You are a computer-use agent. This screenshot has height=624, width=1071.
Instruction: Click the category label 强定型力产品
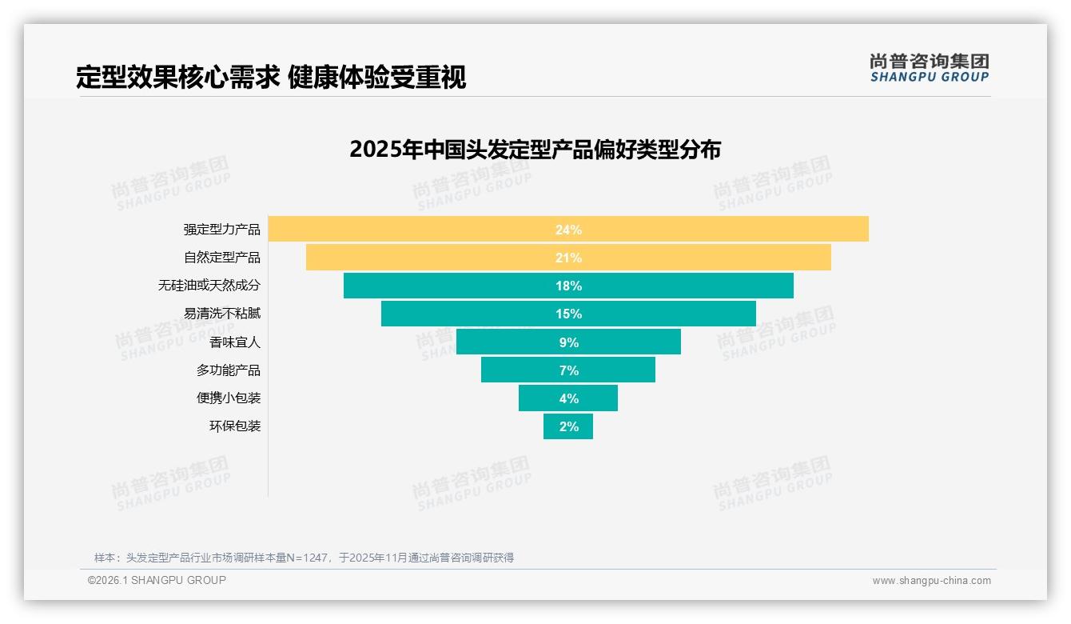click(x=221, y=230)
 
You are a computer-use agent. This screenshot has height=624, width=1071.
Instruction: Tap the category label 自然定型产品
click(x=221, y=258)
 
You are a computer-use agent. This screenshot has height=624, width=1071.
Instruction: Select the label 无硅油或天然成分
click(x=209, y=286)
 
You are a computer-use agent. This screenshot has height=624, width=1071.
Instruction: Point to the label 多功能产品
click(x=228, y=370)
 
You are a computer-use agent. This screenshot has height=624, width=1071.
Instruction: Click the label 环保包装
click(x=234, y=426)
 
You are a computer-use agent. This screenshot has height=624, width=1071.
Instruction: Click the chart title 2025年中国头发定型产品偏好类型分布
click(x=535, y=150)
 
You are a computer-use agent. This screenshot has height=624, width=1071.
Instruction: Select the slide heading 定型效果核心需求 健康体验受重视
click(x=271, y=78)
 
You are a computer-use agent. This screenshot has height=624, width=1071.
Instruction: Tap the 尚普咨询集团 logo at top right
click(x=929, y=68)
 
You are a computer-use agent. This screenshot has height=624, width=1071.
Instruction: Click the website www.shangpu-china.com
click(x=931, y=581)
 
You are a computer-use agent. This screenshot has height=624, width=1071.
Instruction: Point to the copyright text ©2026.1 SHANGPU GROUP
click(x=157, y=580)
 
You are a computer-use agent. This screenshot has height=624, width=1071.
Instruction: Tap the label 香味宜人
click(x=234, y=342)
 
